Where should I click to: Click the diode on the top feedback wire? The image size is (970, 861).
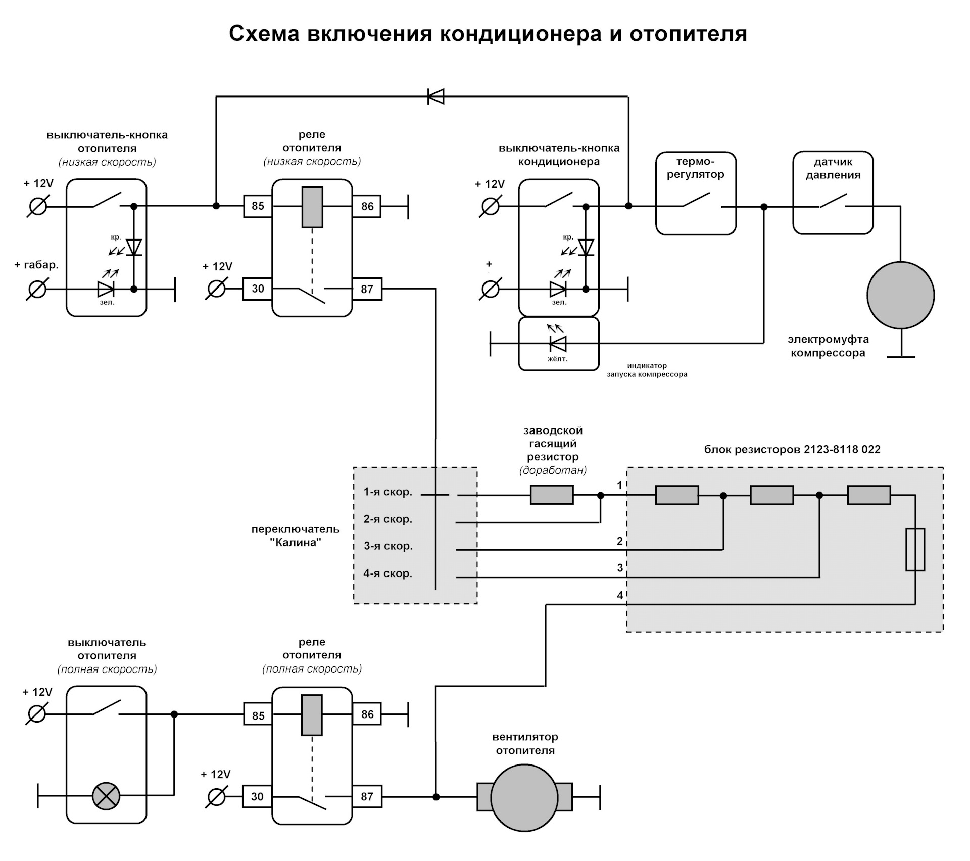pyautogui.click(x=435, y=96)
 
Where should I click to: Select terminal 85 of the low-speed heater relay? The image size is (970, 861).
pyautogui.click(x=258, y=206)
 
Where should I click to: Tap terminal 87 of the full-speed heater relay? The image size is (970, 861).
pyautogui.click(x=367, y=797)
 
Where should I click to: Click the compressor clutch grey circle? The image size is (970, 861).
pyautogui.click(x=900, y=295)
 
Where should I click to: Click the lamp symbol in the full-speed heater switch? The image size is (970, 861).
pyautogui.click(x=106, y=796)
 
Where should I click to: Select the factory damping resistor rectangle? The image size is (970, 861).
pyautogui.click(x=552, y=495)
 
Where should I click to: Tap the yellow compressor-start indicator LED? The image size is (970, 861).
pyautogui.click(x=558, y=344)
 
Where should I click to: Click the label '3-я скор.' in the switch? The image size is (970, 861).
pyautogui.click(x=388, y=546)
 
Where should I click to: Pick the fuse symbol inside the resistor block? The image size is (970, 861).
pyautogui.click(x=915, y=549)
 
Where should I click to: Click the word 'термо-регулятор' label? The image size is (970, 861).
pyautogui.click(x=695, y=168)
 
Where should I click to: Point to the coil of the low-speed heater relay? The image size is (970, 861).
pyautogui.click(x=312, y=207)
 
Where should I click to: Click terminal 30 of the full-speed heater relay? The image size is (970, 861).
pyautogui.click(x=257, y=797)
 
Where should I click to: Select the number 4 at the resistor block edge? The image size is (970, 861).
pyautogui.click(x=620, y=596)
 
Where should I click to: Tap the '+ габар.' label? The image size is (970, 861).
pyautogui.click(x=36, y=265)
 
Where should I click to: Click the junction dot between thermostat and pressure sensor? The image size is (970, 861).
pyautogui.click(x=764, y=207)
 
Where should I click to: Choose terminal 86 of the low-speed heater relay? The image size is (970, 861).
pyautogui.click(x=367, y=206)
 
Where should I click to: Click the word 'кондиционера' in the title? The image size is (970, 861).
pyautogui.click(x=521, y=34)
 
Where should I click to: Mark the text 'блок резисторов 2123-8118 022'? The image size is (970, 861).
pyautogui.click(x=792, y=449)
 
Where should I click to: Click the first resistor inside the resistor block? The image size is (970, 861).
pyautogui.click(x=677, y=495)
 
